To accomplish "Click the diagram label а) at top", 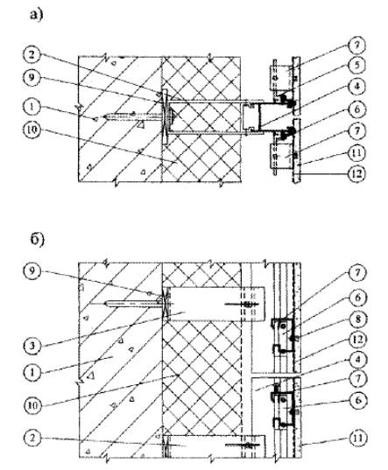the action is (x=37, y=14).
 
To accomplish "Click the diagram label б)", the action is (x=38, y=240).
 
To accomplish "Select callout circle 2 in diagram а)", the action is (x=32, y=56).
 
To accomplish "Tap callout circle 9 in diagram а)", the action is (x=32, y=78).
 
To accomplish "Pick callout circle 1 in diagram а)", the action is (x=32, y=108).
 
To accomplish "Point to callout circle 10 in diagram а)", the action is (x=32, y=130).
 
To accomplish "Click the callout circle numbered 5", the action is (x=356, y=66).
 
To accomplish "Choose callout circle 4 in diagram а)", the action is (x=356, y=87).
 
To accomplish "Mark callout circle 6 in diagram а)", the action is (x=356, y=109).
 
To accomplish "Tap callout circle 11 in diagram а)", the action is (x=356, y=153).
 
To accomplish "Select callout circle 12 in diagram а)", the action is (x=356, y=174).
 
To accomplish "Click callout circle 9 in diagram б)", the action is (x=32, y=271).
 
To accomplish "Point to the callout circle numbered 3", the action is (x=32, y=347).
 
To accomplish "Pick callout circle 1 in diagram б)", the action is (x=32, y=372).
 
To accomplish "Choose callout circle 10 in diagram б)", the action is (x=32, y=406).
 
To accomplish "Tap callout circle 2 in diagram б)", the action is (x=32, y=438).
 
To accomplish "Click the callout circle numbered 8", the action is (x=357, y=319).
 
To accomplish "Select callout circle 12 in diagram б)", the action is (x=357, y=340).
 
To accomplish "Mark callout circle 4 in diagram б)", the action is (x=357, y=359).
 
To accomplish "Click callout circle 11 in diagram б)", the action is (x=357, y=438).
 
